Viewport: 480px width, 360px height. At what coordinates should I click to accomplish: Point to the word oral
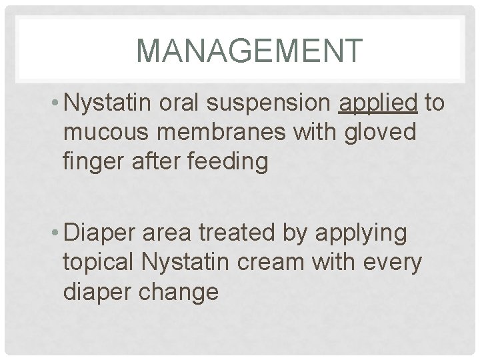(187, 105)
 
